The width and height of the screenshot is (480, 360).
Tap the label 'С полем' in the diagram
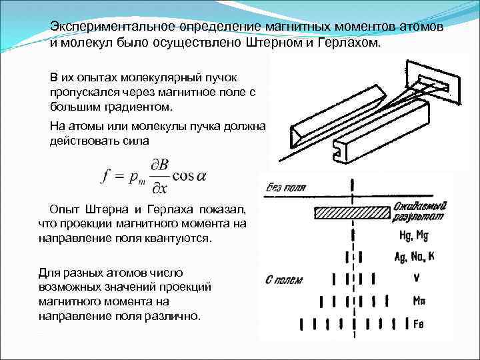click(284, 279)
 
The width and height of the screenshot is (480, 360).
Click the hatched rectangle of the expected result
click(351, 213)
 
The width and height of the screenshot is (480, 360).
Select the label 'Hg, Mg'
click(414, 235)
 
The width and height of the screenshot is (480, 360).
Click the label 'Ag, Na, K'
click(415, 255)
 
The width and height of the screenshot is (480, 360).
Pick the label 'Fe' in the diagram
click(419, 324)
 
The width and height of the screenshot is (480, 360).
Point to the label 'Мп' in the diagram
click(419, 301)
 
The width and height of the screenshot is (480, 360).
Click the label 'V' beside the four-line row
click(417, 277)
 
